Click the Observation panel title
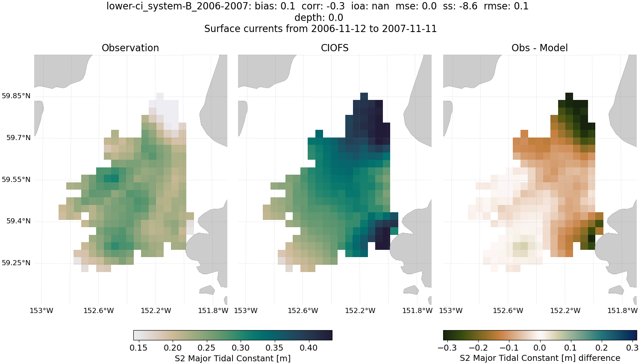click(130, 48)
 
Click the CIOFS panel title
click(335, 48)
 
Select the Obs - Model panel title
click(539, 48)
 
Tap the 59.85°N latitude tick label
click(16, 96)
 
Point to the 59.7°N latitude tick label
click(18, 138)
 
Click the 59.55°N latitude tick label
click(16, 180)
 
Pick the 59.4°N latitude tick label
click(18, 221)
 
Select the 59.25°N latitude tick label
click(16, 263)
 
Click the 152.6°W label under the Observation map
click(99, 310)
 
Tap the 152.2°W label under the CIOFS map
click(360, 310)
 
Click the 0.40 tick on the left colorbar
click(309, 348)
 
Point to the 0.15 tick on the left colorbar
click(138, 348)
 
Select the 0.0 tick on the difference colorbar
click(540, 348)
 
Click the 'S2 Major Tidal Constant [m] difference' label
click(540, 358)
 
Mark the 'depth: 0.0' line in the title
click(318, 18)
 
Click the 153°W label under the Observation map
click(41, 310)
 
